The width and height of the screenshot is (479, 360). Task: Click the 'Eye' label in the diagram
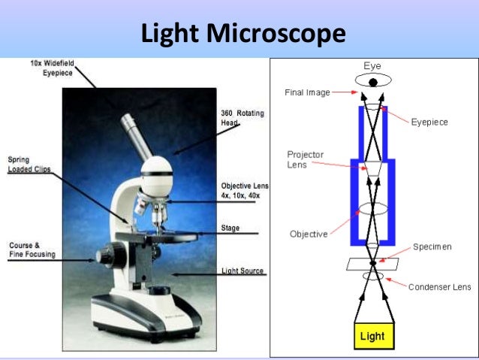[x=372, y=66]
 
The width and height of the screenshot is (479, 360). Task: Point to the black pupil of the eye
[x=372, y=82]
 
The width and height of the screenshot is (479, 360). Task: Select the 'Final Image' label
[x=307, y=93]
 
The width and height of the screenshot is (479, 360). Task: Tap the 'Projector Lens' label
[x=306, y=159]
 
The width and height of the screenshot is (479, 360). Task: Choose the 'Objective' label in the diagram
[x=309, y=234]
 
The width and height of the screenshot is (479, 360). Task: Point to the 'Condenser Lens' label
[x=440, y=286]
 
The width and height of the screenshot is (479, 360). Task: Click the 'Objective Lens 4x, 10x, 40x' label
[x=245, y=190]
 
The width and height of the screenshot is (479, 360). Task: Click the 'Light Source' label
[x=243, y=271]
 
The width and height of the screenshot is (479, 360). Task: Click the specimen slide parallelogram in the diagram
[x=372, y=264]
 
